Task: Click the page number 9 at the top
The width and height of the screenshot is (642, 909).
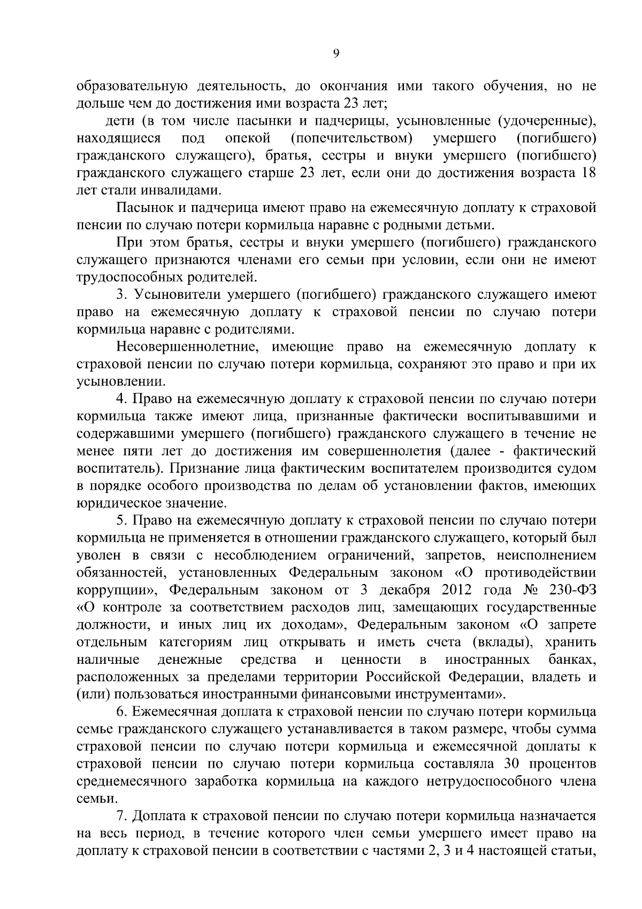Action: click(x=336, y=52)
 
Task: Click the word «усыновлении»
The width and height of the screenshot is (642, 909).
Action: click(x=121, y=382)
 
